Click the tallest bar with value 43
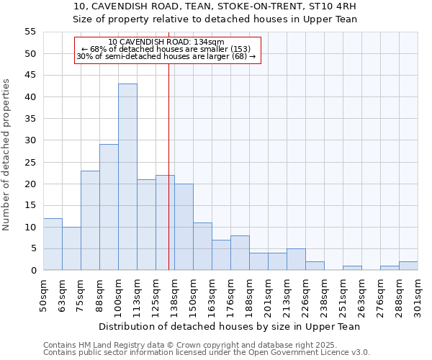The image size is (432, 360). (x=127, y=177)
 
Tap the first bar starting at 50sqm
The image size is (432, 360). (x=53, y=244)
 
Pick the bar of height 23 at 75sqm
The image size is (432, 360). (x=90, y=220)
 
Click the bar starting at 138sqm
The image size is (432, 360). (x=184, y=227)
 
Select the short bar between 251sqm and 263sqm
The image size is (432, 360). (x=352, y=268)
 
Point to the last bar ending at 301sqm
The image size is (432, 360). (x=408, y=266)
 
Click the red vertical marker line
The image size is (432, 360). (x=168, y=166)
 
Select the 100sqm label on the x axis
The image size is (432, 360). (x=118, y=294)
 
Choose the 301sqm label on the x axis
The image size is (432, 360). (x=418, y=294)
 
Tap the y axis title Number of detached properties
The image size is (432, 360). (x=7, y=155)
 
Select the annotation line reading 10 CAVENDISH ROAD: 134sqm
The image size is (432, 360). (x=166, y=42)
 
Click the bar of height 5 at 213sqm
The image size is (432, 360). (x=296, y=260)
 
